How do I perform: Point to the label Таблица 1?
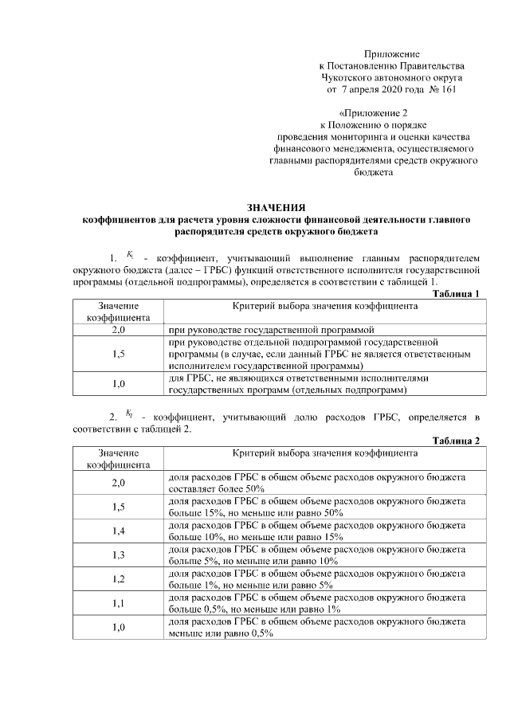(456, 294)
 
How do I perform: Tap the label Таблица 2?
(456, 441)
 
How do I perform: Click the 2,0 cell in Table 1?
(119, 328)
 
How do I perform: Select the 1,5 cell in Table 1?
(119, 353)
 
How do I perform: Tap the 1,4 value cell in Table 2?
(119, 531)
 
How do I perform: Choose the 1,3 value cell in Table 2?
(119, 554)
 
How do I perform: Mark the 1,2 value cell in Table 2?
(119, 579)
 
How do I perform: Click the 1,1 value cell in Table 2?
(119, 603)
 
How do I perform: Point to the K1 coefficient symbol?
(129, 256)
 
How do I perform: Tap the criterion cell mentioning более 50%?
(323, 482)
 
